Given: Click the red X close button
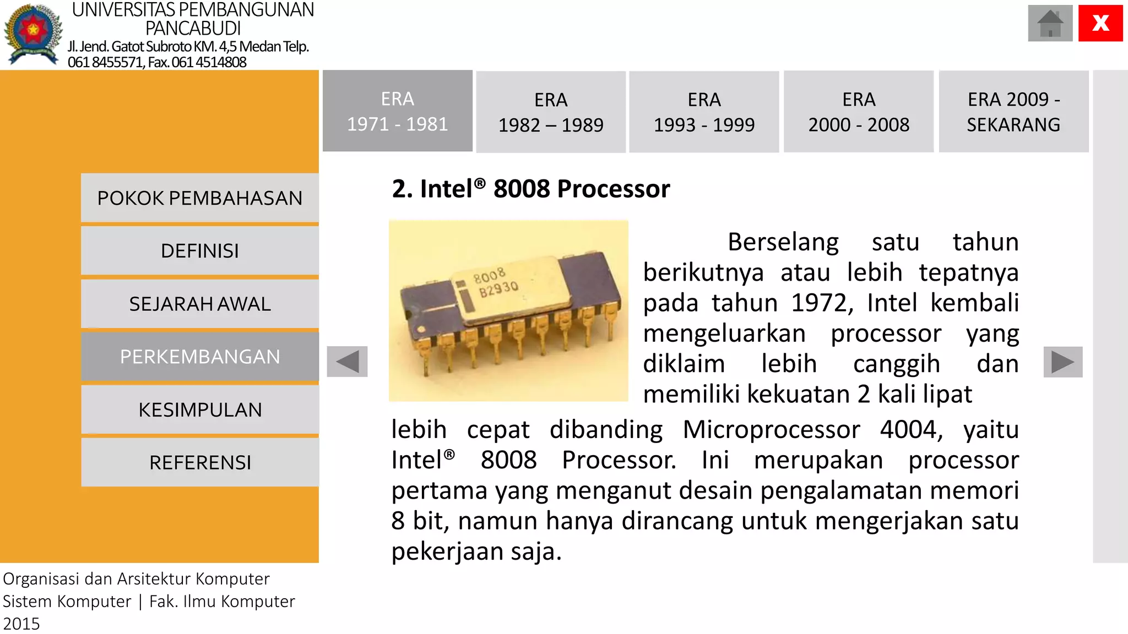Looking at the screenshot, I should point(1100,23).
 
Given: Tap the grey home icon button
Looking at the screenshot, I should point(1050,23).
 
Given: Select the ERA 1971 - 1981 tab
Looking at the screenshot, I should point(397,111).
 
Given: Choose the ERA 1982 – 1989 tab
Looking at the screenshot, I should point(551,112).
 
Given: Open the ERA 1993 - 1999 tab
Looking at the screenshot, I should point(704,112).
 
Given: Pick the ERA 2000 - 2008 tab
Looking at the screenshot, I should point(859,112).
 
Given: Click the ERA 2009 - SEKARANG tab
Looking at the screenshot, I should point(1013,112).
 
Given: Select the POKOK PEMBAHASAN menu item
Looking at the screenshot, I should point(200,198).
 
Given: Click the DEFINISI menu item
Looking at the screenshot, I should point(200,251).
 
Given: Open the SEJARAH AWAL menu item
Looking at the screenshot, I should point(200,304).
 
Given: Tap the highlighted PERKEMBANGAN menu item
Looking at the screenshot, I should point(200,357).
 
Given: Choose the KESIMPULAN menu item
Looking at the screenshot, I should point(200,410).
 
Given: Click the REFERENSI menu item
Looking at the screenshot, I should point(200,463).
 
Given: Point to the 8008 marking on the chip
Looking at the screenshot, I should point(489,275).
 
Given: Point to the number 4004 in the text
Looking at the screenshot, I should point(910,429).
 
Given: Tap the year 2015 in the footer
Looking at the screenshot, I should point(21,624).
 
